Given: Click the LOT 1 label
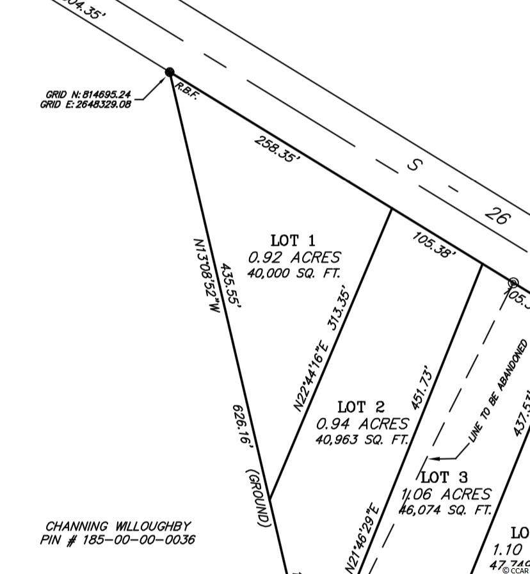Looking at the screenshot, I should [293, 241].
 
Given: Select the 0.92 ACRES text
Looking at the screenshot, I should [294, 257].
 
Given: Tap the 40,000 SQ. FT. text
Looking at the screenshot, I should [294, 273].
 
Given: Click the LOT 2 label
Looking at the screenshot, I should [361, 407].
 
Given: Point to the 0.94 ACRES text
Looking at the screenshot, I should [362, 424].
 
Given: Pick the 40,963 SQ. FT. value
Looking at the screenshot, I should [362, 440].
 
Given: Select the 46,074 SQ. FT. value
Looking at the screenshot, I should [446, 510].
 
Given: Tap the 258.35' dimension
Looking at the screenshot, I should [277, 149].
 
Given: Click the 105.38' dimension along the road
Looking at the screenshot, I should [434, 245].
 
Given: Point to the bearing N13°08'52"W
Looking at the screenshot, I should [206, 276].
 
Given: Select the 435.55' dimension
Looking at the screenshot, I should [230, 286].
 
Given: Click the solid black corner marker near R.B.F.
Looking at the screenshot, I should [170, 72].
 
